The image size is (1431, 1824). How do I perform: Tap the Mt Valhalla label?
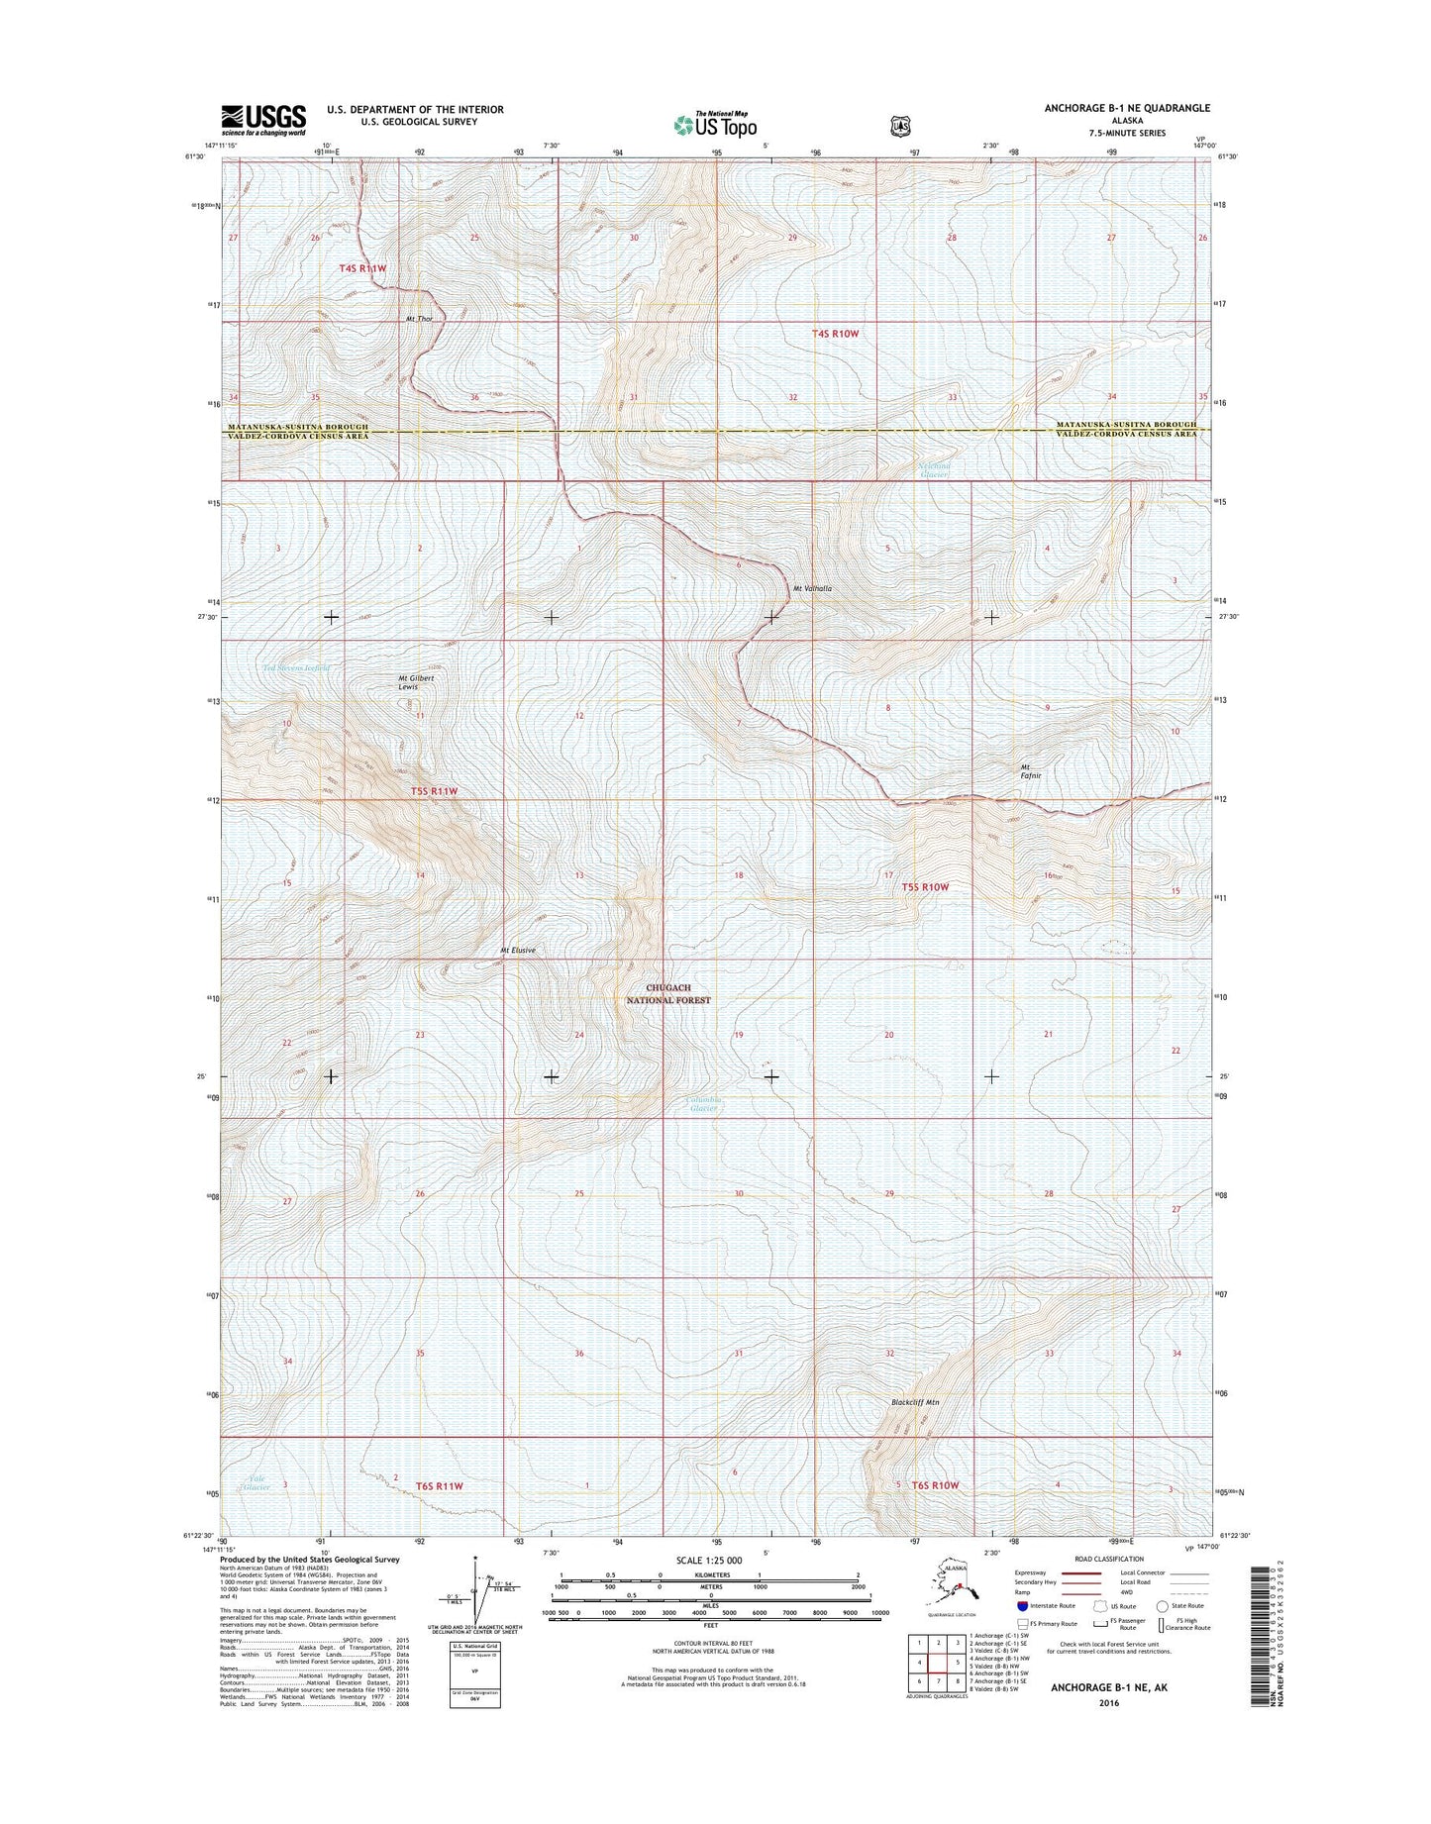tap(812, 589)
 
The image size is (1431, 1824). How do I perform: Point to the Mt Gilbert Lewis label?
tap(409, 682)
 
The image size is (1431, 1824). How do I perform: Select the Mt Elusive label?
tap(518, 951)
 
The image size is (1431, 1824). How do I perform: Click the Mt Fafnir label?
tap(1031, 772)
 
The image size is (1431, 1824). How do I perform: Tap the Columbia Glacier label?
tap(704, 1104)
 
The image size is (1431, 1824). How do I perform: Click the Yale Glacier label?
tap(257, 1482)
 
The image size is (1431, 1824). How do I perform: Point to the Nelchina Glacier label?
tap(933, 470)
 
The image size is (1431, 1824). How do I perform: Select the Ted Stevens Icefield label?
tap(296, 668)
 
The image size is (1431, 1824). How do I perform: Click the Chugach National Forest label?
tap(677, 994)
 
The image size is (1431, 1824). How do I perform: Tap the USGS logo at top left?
tap(262, 120)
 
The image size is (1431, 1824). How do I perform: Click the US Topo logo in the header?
tap(715, 125)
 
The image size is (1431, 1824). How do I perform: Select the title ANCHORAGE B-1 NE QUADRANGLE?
tap(1126, 108)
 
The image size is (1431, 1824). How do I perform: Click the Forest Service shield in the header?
tap(899, 126)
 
